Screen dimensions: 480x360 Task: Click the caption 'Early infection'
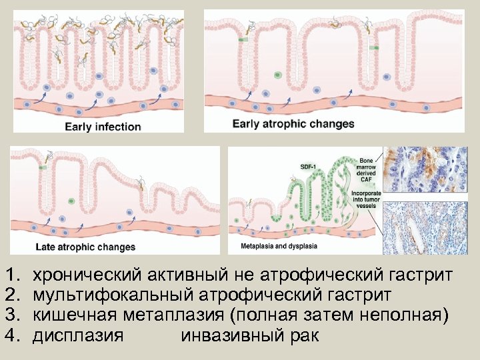[103, 127]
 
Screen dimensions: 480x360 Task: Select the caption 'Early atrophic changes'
[293, 124]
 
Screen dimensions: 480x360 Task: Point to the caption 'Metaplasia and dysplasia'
[279, 246]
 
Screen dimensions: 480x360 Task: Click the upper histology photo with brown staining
[430, 172]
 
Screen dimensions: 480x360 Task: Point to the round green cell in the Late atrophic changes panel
[71, 201]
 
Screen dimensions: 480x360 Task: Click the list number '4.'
[13, 335]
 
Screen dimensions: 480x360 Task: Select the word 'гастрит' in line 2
[359, 294]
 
